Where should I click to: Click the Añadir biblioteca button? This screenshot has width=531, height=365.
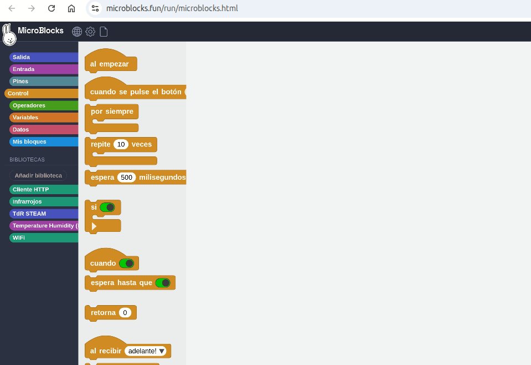click(x=38, y=175)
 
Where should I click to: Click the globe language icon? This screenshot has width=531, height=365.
click(x=77, y=32)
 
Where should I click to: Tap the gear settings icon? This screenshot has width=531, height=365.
click(x=90, y=32)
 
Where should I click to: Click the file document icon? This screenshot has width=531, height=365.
click(x=104, y=32)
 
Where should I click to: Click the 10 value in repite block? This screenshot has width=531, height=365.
click(x=121, y=144)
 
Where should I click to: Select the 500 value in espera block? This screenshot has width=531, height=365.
click(x=127, y=178)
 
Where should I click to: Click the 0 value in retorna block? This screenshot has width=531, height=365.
click(x=125, y=313)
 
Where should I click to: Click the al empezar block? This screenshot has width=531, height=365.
click(x=110, y=64)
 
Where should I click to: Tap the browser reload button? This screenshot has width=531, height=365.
click(x=51, y=8)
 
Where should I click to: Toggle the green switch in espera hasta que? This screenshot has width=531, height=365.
click(x=163, y=283)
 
